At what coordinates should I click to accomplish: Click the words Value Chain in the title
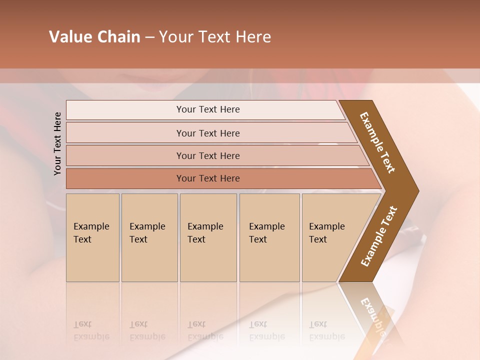coord(94,37)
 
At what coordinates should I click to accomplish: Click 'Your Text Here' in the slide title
coord(215,37)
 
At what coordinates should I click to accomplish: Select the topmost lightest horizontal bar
coord(207,109)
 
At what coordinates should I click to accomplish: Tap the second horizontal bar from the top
coord(207,133)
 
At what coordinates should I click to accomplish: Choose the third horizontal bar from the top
coord(207,155)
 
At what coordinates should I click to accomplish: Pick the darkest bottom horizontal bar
coord(207,178)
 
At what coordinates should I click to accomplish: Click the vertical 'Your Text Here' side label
coord(57,143)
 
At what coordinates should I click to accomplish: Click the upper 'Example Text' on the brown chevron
coord(377,142)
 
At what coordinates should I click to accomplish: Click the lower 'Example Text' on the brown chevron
coord(378,236)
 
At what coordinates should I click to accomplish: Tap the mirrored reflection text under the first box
coord(91,330)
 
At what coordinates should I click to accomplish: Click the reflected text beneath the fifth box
coord(327,330)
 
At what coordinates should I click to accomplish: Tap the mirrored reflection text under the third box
coord(205,330)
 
